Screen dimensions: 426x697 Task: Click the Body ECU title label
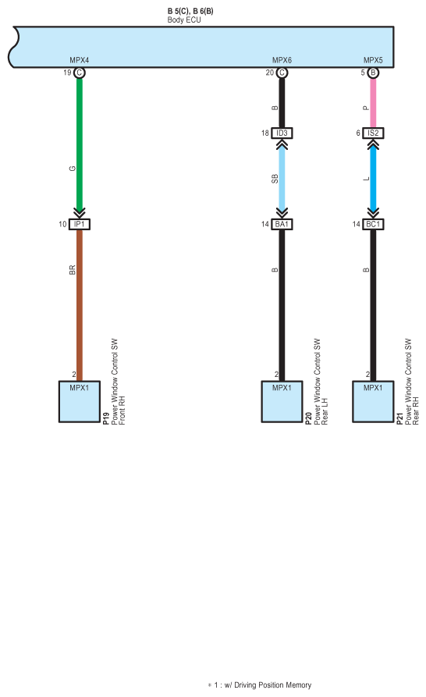click(184, 20)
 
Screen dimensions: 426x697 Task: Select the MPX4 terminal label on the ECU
click(79, 60)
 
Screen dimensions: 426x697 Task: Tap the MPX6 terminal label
click(282, 60)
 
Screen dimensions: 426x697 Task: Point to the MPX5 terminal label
click(373, 60)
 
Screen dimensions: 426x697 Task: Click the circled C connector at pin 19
click(80, 73)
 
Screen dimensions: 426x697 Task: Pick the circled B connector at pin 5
click(373, 73)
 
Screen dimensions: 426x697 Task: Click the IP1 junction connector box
click(80, 225)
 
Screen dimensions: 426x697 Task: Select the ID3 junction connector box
click(282, 133)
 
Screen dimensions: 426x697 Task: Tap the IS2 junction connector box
click(373, 133)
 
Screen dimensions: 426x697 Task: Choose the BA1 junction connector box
click(282, 225)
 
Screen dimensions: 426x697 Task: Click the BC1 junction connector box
click(373, 225)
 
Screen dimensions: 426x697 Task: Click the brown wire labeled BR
click(80, 305)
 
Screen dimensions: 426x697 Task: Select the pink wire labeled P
click(373, 103)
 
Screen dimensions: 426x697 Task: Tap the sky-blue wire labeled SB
click(282, 180)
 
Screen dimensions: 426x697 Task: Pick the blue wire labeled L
click(373, 180)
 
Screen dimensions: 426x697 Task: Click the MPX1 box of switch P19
click(80, 401)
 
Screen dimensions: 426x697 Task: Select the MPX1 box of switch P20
click(282, 401)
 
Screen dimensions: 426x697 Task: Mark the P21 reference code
click(399, 418)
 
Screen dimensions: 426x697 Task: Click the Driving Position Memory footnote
click(259, 685)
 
